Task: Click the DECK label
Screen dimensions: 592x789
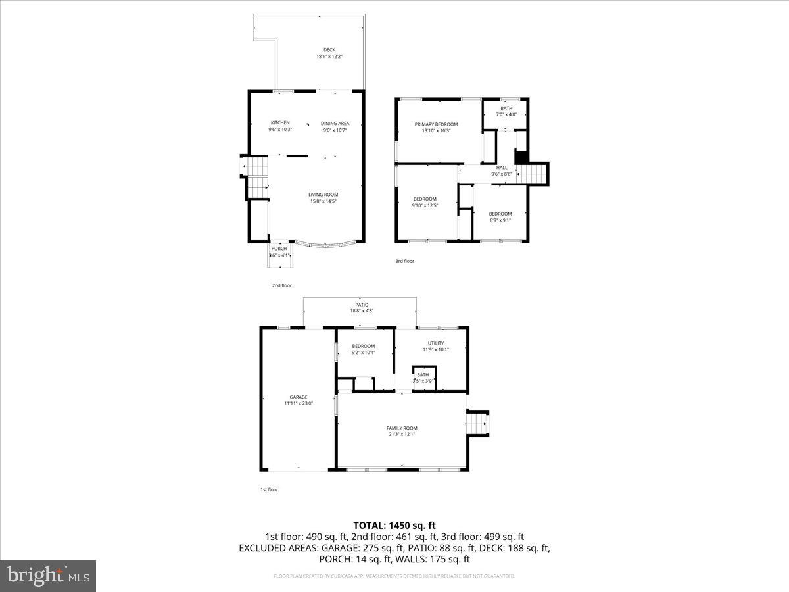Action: coord(329,50)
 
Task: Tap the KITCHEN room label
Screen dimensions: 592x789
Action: coord(280,123)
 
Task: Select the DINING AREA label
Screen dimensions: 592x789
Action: coord(335,123)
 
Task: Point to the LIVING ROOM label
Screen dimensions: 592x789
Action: coord(323,194)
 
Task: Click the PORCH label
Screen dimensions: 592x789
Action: coord(279,249)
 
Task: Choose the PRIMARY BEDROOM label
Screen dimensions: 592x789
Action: coord(436,124)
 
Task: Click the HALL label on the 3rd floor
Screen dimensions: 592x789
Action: coord(502,168)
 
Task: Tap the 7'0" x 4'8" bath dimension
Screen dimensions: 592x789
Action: coord(506,114)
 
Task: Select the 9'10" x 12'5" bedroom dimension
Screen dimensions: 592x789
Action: coord(425,205)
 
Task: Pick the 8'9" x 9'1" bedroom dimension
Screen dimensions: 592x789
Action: coord(500,220)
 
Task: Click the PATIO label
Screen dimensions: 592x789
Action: coord(362,305)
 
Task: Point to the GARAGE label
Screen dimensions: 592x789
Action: coord(299,397)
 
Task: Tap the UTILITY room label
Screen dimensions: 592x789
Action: coord(436,343)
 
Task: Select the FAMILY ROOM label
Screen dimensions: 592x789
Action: coord(402,428)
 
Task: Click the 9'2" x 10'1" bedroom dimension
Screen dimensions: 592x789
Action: coord(363,353)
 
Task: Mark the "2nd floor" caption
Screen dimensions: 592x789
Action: coord(281,285)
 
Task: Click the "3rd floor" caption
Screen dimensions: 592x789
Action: coord(404,261)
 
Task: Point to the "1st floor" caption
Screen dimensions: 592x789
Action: coord(269,489)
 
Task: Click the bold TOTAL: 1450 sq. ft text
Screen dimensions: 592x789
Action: coord(394,525)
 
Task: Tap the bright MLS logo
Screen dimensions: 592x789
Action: coord(49,576)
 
